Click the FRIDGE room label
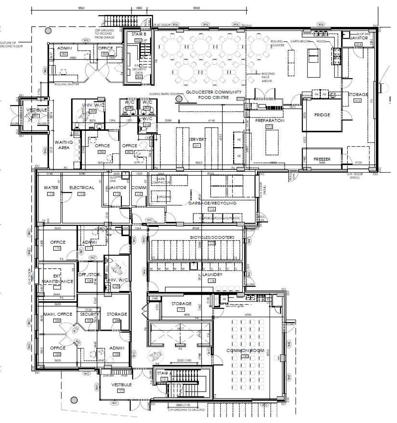(x=322, y=115)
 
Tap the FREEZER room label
(x=322, y=159)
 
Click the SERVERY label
(x=197, y=139)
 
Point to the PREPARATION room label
(x=270, y=121)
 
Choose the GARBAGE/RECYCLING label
(x=212, y=203)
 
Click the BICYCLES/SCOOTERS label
(x=212, y=237)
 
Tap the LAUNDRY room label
(x=212, y=275)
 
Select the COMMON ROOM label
(x=245, y=350)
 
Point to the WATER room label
(x=51, y=188)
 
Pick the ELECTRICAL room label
(x=82, y=188)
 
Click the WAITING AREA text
(x=64, y=145)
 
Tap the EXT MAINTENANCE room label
(x=58, y=279)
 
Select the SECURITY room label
(x=89, y=314)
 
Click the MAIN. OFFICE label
(x=58, y=314)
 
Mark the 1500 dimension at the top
(x=139, y=8)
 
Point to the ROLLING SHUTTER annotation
(x=67, y=84)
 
